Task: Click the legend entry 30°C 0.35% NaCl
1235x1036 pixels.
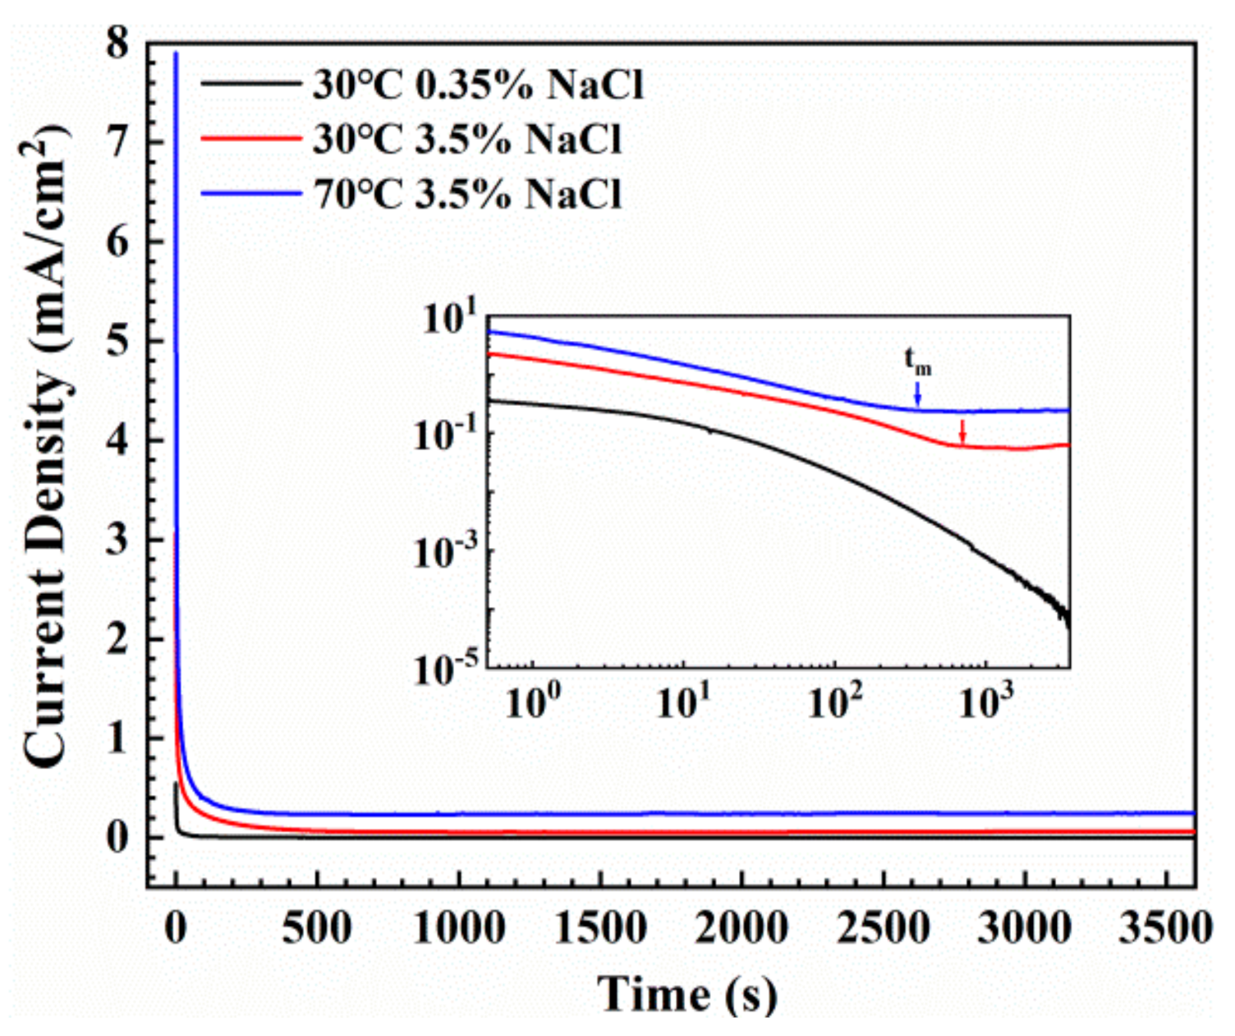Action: (x=477, y=85)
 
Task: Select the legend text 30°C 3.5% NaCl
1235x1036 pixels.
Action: (x=466, y=140)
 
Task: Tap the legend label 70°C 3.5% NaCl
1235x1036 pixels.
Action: (x=466, y=194)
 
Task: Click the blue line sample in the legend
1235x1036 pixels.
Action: (x=250, y=194)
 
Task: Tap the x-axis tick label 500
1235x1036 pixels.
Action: (x=317, y=929)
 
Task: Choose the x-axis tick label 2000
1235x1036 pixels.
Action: (x=741, y=929)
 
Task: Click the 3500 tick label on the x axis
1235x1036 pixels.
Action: (x=1166, y=929)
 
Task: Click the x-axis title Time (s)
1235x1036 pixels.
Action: (x=686, y=993)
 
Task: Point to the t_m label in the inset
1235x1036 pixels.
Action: (x=918, y=361)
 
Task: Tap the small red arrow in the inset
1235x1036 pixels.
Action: (x=962, y=431)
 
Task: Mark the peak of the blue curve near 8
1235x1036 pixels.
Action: (x=175, y=53)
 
